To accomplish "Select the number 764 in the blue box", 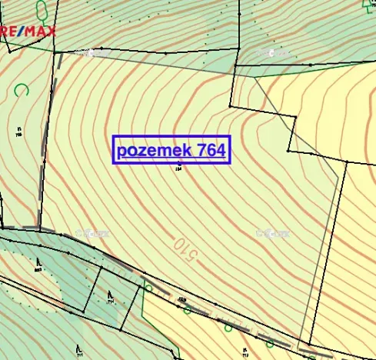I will [x=210, y=149].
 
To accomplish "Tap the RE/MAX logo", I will [x=26, y=31].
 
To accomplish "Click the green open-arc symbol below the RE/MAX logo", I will [x=22, y=89].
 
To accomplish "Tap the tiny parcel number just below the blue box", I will [x=178, y=167].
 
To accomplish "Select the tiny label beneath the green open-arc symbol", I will [x=18, y=131].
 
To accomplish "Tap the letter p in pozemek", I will [x=123, y=151].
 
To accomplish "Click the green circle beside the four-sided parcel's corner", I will [x=148, y=287].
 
